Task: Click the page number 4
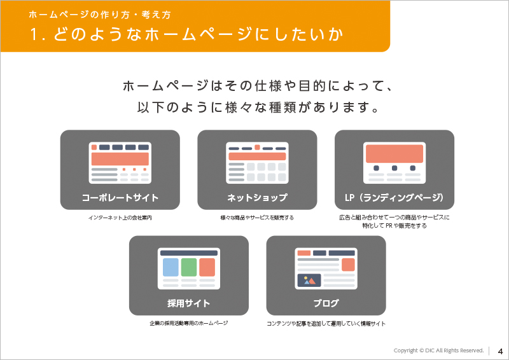tap(500, 351)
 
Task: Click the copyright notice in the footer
tap(438, 350)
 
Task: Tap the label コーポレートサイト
tap(120, 197)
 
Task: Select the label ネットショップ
tap(257, 197)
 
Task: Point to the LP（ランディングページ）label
tap(394, 197)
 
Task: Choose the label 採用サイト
tap(188, 303)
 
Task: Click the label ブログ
tap(326, 303)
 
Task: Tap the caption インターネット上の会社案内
tap(120, 218)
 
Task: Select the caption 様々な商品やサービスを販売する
tap(257, 218)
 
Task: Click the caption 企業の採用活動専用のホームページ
tap(188, 323)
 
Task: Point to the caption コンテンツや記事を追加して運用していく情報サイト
tap(326, 324)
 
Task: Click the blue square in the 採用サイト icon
tap(171, 267)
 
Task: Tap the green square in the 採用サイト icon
tap(189, 267)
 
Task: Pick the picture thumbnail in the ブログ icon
tap(309, 280)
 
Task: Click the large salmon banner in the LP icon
tap(394, 153)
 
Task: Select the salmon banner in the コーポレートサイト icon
tap(120, 159)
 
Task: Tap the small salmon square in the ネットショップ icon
tap(257, 148)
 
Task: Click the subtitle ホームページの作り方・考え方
tap(100, 15)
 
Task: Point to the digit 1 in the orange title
tap(34, 34)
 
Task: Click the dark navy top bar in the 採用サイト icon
tap(189, 253)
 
